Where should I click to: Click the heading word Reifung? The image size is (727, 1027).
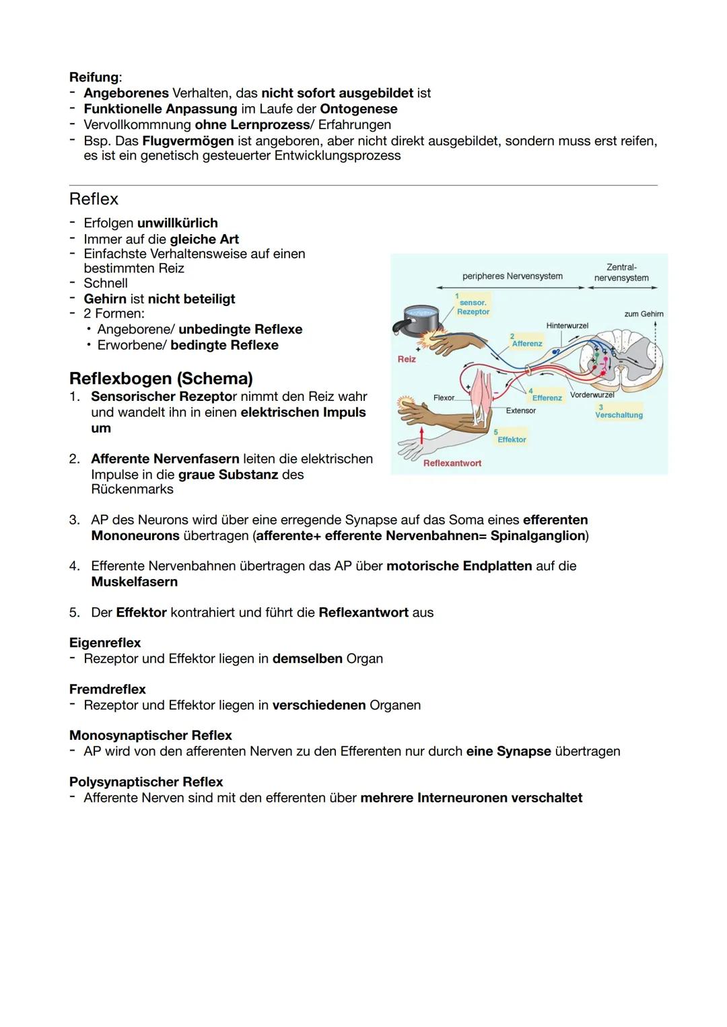(94, 77)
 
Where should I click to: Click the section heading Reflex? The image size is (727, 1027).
(94, 199)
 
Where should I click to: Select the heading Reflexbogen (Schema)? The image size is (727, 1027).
(161, 378)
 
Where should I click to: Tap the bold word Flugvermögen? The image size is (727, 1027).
(188, 141)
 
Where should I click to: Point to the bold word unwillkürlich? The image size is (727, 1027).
(177, 223)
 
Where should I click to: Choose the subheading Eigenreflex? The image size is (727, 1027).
(105, 642)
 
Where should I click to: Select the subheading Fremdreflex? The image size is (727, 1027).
(107, 689)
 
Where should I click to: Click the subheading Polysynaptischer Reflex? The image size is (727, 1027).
(146, 782)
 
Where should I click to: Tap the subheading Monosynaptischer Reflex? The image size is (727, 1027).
(150, 735)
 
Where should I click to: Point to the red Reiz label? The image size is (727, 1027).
(407, 359)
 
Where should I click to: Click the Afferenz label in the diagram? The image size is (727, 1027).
(526, 343)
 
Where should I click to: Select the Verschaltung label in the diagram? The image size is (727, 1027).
(619, 415)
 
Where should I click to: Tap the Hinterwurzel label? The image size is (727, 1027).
(567, 326)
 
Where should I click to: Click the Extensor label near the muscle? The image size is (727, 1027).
(520, 410)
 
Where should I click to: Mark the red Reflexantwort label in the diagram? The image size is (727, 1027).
(452, 463)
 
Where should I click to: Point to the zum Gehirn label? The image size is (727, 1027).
(644, 314)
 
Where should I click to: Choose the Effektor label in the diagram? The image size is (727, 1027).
(512, 439)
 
